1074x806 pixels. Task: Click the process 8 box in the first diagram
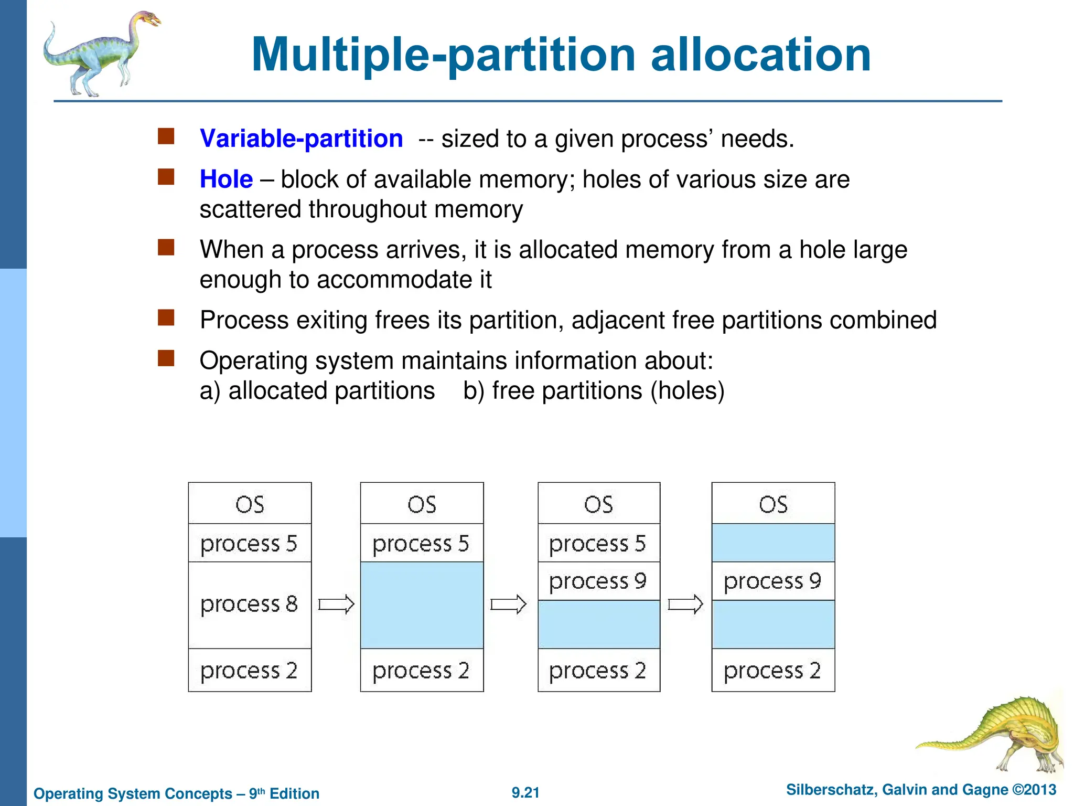[250, 604]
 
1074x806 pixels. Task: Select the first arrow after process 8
[336, 604]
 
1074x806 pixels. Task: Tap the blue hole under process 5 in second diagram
[422, 604]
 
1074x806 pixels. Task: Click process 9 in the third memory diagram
[598, 581]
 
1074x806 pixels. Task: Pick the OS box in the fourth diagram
[773, 504]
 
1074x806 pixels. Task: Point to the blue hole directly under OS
[773, 543]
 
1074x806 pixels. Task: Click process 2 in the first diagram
[250, 670]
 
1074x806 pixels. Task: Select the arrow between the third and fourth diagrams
[685, 604]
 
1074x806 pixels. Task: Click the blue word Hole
[226, 179]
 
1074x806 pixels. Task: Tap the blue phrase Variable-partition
[301, 139]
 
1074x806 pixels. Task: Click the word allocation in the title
[760, 55]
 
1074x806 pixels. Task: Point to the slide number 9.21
[525, 792]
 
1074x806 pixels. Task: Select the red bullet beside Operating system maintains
[166, 358]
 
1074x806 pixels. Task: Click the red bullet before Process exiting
[166, 317]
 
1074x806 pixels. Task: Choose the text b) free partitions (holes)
[594, 391]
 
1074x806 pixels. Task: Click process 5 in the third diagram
[598, 543]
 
